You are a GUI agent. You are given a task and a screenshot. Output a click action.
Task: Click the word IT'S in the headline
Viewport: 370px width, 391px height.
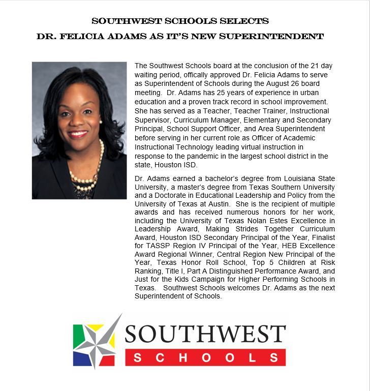coord(194,37)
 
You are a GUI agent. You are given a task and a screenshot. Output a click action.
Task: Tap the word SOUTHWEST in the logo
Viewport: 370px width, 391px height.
coord(204,334)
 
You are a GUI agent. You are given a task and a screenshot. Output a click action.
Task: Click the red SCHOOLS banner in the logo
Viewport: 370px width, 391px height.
coord(205,357)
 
